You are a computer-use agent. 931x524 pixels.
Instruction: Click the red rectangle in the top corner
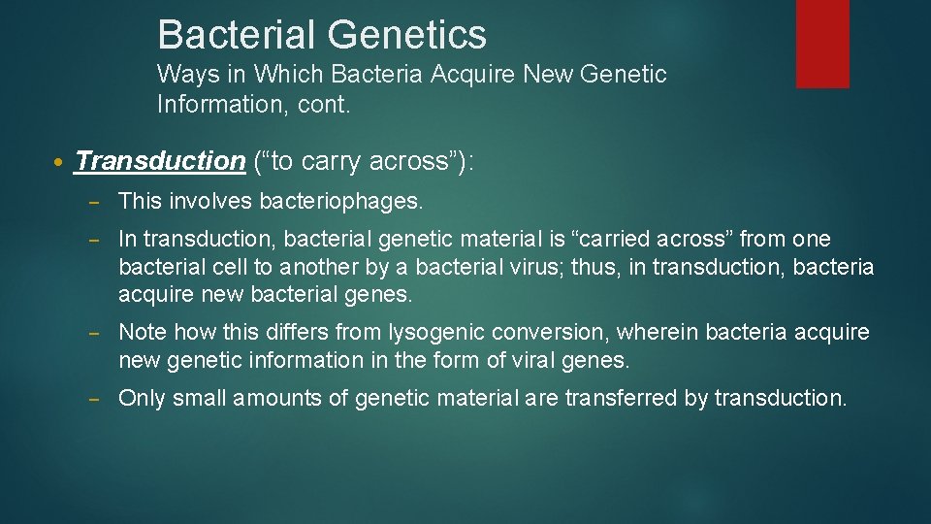tap(821, 44)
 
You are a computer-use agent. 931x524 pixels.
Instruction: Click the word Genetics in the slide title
tap(406, 35)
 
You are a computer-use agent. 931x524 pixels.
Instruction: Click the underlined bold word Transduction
tap(160, 161)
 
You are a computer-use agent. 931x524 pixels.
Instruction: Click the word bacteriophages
tap(341, 201)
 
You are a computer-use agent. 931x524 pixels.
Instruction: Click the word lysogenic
tap(435, 333)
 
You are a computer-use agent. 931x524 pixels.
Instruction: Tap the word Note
tap(143, 333)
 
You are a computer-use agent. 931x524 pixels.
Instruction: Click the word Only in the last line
tap(142, 398)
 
